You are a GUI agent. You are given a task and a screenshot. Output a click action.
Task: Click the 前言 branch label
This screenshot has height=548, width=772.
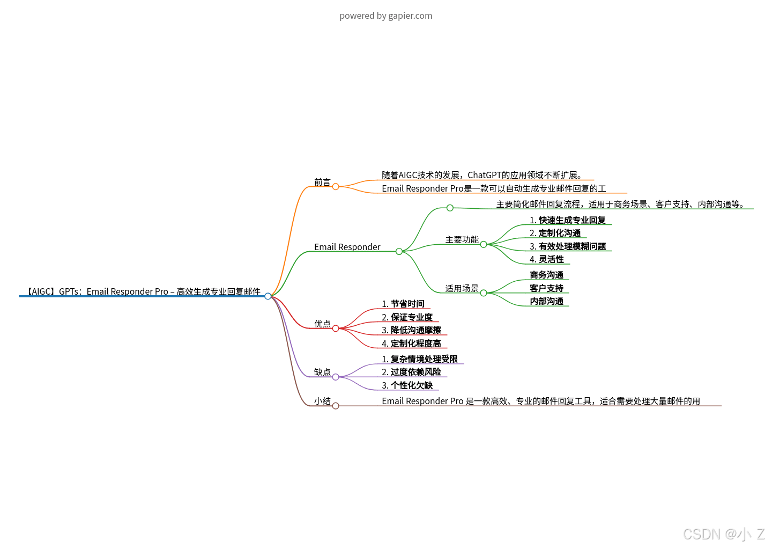[x=322, y=182]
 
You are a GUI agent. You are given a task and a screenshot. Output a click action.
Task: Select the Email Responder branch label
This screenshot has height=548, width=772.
[x=347, y=247]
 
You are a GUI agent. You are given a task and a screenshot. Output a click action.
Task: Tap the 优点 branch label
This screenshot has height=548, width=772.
[x=322, y=324]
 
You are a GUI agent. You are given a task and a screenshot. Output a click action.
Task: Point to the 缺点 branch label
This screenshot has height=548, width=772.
[x=322, y=372]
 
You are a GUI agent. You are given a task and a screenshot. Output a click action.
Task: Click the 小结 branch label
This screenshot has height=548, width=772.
[x=322, y=401]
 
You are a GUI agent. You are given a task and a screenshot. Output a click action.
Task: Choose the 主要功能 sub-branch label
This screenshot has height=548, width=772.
[x=462, y=240]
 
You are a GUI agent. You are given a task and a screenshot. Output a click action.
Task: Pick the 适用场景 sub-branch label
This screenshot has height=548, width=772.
[x=462, y=289]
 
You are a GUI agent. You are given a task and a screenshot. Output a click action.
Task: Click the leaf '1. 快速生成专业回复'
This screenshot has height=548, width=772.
[x=567, y=220]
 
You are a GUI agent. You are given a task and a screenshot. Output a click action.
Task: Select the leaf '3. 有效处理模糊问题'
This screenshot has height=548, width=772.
[x=567, y=246]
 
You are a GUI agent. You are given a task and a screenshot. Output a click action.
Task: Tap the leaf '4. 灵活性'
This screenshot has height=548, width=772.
[x=546, y=259]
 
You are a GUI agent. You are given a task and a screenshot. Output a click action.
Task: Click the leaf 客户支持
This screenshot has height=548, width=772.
[x=546, y=288]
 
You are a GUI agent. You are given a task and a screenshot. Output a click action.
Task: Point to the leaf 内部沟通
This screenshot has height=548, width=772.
[x=546, y=302]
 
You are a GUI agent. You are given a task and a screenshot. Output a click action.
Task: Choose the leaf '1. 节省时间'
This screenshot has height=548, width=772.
[x=403, y=304]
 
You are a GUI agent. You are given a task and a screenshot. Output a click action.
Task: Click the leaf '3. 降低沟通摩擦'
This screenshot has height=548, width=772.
[x=411, y=330]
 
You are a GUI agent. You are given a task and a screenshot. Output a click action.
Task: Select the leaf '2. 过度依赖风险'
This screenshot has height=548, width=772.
[x=411, y=372]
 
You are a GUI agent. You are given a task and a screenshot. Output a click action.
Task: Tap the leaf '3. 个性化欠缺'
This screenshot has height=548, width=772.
[x=407, y=385]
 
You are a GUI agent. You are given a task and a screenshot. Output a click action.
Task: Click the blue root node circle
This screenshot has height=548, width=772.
[x=268, y=296]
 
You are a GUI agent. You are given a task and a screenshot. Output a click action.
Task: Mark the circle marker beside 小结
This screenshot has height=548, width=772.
[x=336, y=406]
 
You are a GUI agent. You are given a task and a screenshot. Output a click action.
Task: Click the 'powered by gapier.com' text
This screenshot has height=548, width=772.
[x=385, y=16]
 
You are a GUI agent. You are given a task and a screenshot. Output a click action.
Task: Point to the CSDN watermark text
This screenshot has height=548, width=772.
[x=723, y=534]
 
